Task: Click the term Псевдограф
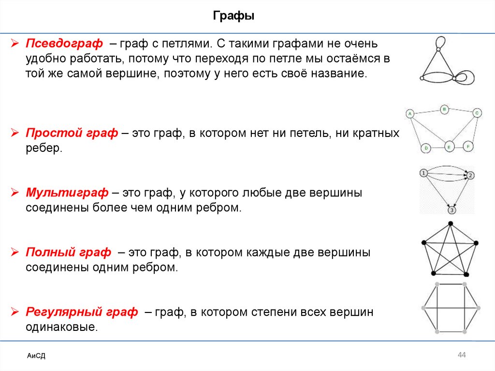coord(64,44)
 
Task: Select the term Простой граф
coord(72,133)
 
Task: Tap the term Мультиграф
coord(67,193)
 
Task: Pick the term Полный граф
coord(68,252)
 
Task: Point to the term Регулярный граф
coord(82,312)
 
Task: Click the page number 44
coord(461,356)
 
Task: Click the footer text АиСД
coord(36,356)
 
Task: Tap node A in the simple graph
coord(409,114)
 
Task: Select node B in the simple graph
coord(444,109)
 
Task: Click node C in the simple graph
coord(477,113)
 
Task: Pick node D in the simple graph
coord(426,148)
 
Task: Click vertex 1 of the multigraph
coord(423,173)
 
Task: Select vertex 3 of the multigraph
coord(451,210)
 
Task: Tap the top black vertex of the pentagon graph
coord(450,223)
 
